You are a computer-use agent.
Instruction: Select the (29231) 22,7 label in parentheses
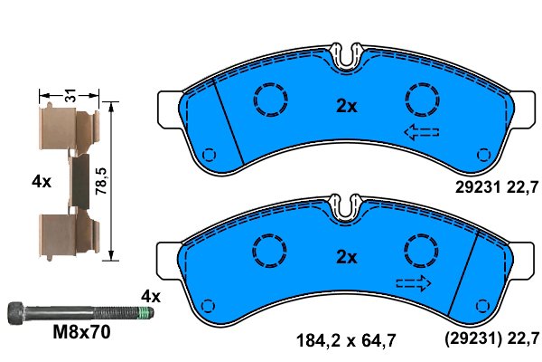(x=491, y=342)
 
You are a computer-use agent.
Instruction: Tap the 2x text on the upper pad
(x=347, y=105)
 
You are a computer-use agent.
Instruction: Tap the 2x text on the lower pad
(x=347, y=257)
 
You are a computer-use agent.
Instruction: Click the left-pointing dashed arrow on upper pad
(x=421, y=134)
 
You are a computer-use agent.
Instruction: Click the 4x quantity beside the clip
(x=42, y=181)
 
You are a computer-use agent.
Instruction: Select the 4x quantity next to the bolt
(x=150, y=296)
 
